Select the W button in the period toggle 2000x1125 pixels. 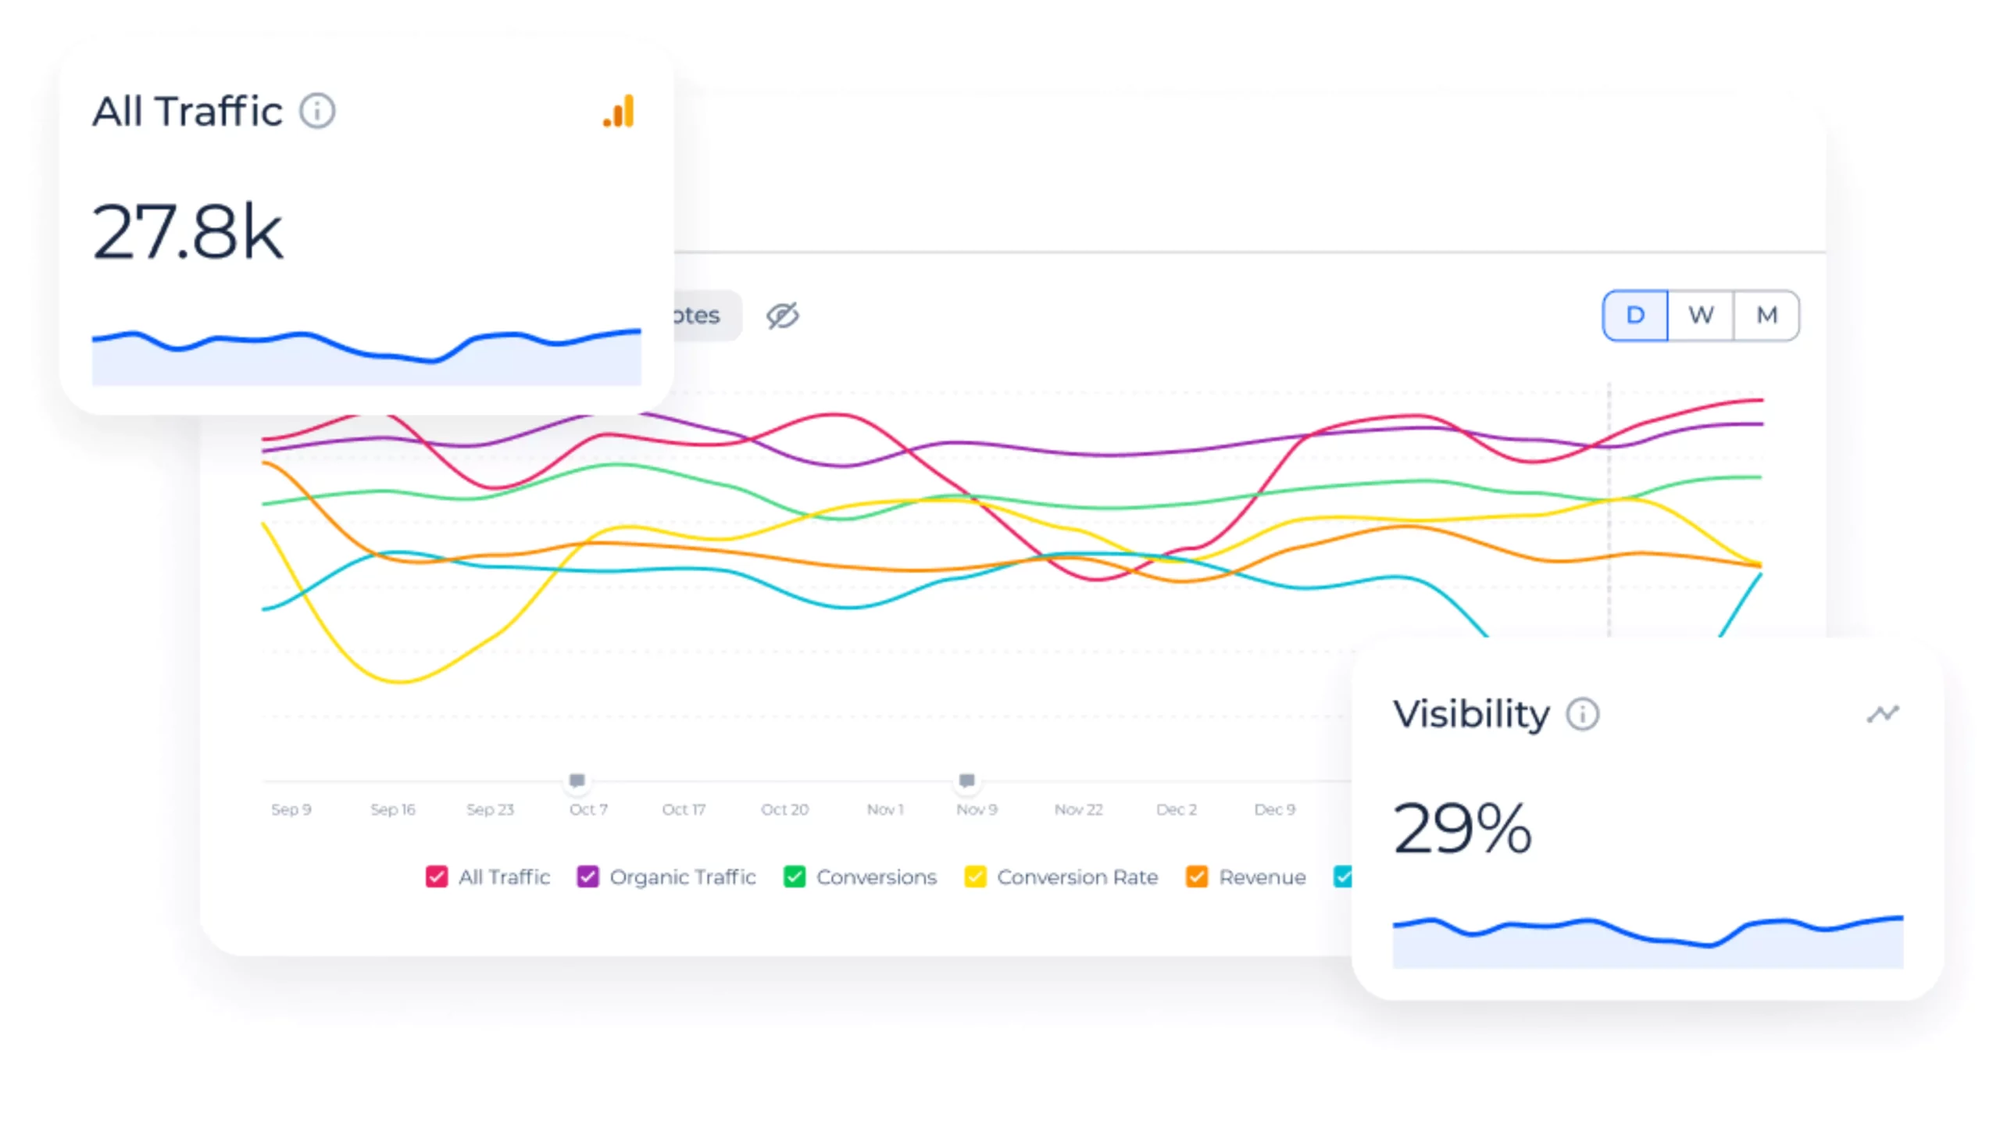tap(1700, 315)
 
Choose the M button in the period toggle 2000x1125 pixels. tap(1766, 315)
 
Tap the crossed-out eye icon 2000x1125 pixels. tap(781, 316)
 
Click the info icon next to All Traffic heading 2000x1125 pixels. tap(317, 111)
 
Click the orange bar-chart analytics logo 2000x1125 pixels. tap(619, 112)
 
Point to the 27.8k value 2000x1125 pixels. tap(187, 231)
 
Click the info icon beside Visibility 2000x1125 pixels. tap(1582, 713)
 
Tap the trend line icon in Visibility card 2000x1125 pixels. tap(1882, 713)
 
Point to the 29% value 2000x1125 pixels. tap(1462, 828)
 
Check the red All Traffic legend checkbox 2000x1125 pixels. tap(437, 877)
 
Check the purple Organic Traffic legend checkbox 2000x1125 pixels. tap(587, 877)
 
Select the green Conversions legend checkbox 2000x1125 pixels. tap(794, 877)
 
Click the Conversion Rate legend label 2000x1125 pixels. tap(1077, 877)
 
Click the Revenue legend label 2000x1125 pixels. tap(1262, 877)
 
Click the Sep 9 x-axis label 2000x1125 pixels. tap(291, 809)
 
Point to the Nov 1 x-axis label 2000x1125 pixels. tap(884, 809)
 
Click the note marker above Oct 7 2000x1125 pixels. tap(577, 780)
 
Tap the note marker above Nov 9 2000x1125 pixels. tap(966, 780)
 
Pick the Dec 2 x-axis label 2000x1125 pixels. tap(1176, 809)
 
